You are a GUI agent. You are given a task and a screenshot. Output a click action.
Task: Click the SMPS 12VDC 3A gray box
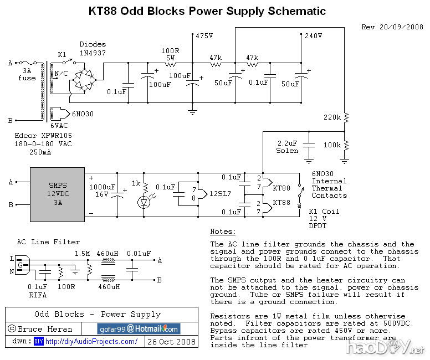coord(57,194)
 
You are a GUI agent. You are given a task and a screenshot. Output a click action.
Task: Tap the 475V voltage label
coord(204,36)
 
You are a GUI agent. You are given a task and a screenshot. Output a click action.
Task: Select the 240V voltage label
coord(314,36)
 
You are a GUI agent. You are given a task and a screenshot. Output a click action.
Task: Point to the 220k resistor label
coord(332,117)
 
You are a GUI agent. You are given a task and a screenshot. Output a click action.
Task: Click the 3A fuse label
coord(27,75)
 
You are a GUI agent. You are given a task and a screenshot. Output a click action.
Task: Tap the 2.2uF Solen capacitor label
coord(287,147)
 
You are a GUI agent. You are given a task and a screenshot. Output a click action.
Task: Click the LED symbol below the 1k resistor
coord(145,203)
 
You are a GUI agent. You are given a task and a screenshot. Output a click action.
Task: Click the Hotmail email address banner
coord(139,329)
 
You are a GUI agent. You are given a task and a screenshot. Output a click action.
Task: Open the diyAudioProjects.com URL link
coord(91,342)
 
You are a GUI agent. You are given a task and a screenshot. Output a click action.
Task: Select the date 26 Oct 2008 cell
coord(171,342)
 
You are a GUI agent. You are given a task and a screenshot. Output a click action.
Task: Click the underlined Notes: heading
coord(223,232)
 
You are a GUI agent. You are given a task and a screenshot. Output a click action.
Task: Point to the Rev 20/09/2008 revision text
coord(392,27)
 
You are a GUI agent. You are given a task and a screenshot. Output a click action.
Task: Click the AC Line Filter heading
coord(48,242)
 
